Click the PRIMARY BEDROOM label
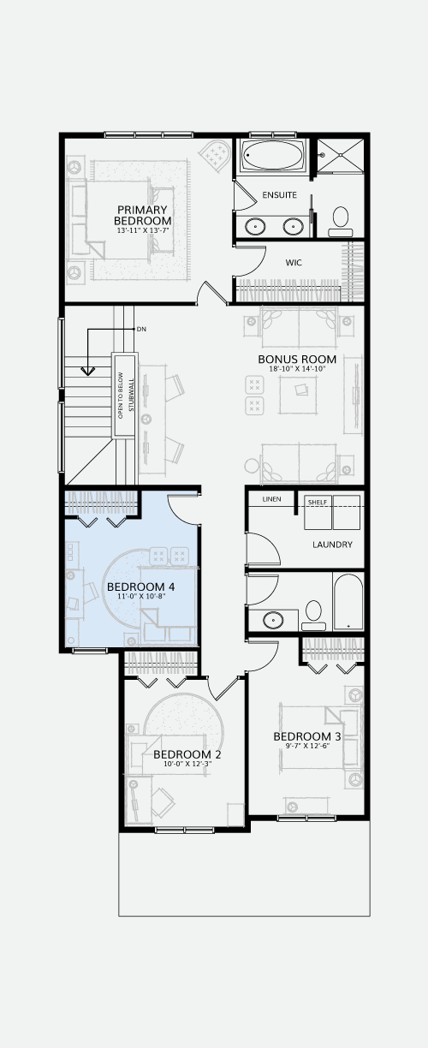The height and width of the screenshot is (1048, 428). point(143,215)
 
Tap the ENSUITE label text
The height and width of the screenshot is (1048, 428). point(279,195)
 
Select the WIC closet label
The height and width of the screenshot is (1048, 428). point(294,263)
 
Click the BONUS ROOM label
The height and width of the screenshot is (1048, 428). point(297,360)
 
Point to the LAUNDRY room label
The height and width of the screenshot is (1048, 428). point(332,545)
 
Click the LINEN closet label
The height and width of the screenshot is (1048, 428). point(271,499)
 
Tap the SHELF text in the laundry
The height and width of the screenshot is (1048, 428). point(317,503)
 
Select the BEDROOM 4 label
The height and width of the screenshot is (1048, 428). point(136,587)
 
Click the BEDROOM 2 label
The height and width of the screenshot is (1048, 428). point(187,754)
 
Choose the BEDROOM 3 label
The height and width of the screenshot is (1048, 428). point(307,736)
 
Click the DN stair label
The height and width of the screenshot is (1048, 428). point(141,330)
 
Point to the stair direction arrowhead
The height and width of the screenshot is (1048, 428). point(87,371)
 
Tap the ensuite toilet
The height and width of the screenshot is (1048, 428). point(340,221)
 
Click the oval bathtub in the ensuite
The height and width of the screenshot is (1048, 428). point(273,155)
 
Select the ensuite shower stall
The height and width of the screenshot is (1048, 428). point(341,156)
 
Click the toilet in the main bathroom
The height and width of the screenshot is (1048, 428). point(313,616)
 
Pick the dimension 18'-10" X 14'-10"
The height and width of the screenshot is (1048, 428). point(297,369)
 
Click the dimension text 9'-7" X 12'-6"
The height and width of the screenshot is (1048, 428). point(307,746)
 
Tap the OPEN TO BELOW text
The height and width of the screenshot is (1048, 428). point(120,396)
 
